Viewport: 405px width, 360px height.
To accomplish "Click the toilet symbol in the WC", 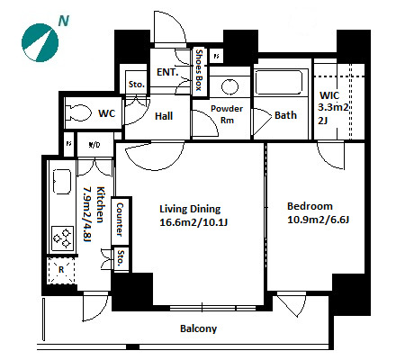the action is pyautogui.click(x=78, y=113).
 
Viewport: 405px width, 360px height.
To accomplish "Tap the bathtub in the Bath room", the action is pyautogui.click(x=278, y=82).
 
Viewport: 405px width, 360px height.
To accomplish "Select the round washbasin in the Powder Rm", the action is pyautogui.click(x=229, y=86).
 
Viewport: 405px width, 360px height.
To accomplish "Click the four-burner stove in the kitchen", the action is pyautogui.click(x=62, y=238).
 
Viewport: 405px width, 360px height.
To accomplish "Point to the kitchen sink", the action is pyautogui.click(x=62, y=182).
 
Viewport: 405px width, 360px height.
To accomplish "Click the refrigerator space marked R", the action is pyautogui.click(x=61, y=270).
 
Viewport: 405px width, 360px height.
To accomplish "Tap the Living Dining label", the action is pyautogui.click(x=190, y=209).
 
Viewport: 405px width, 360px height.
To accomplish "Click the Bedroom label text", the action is pyautogui.click(x=310, y=206).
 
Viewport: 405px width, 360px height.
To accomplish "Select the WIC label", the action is pyautogui.click(x=329, y=95).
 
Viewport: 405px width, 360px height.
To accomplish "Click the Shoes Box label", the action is pyautogui.click(x=199, y=70).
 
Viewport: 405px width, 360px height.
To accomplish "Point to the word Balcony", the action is pyautogui.click(x=198, y=328).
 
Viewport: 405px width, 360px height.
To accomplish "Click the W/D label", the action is pyautogui.click(x=94, y=145).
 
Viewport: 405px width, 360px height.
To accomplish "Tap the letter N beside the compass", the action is pyautogui.click(x=64, y=21).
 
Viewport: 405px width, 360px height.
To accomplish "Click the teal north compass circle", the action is pyautogui.click(x=40, y=43).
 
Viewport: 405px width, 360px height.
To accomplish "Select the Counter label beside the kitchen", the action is pyautogui.click(x=120, y=220).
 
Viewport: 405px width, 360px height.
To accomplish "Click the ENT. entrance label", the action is pyautogui.click(x=167, y=72).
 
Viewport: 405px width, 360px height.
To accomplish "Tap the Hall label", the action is pyautogui.click(x=164, y=116).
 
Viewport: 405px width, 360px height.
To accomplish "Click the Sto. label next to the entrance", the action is pyautogui.click(x=137, y=85).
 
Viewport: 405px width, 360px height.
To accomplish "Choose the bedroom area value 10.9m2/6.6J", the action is pyautogui.click(x=318, y=220).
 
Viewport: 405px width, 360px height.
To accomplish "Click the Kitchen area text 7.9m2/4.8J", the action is pyautogui.click(x=87, y=214).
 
